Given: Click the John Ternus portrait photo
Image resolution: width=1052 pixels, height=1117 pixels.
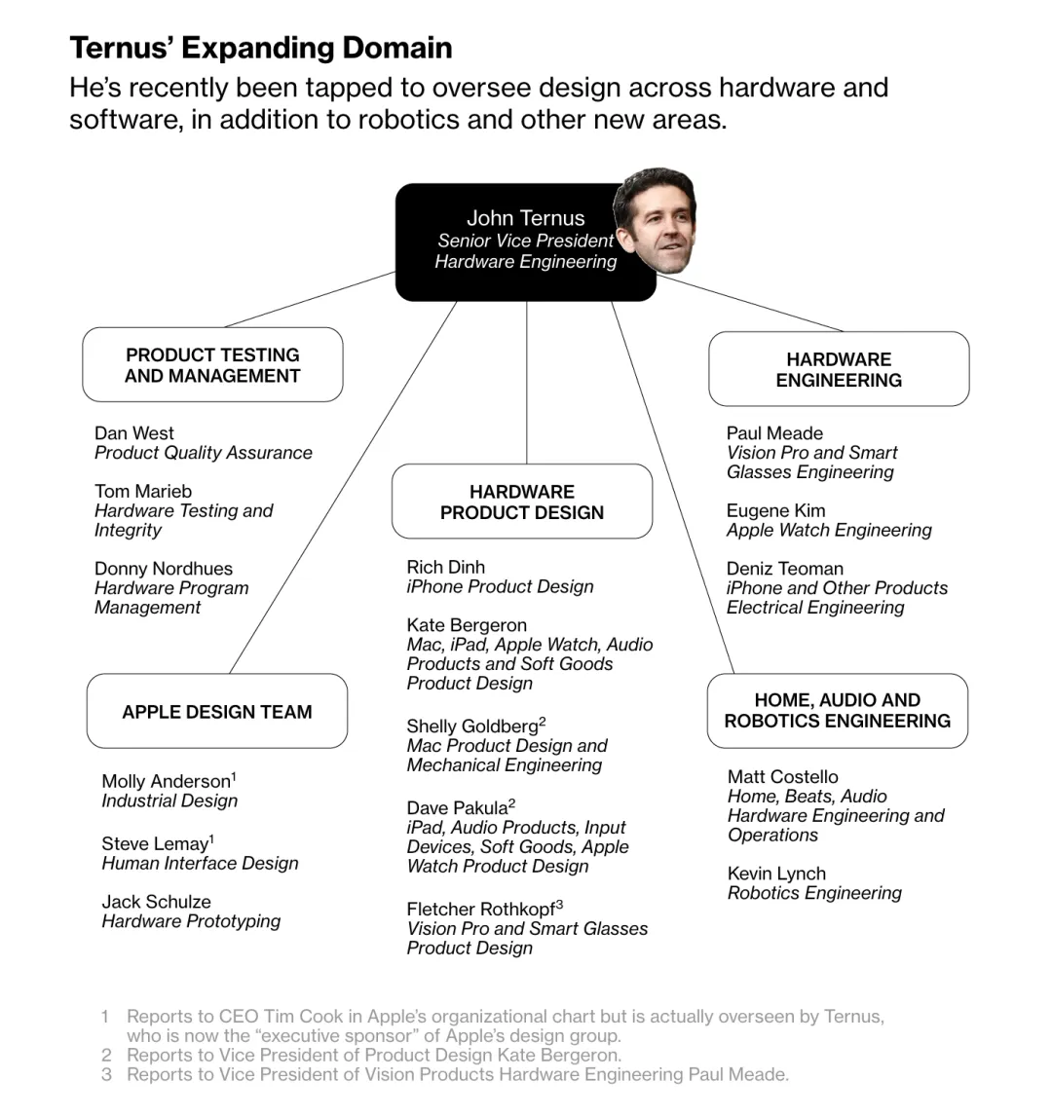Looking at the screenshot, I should (x=657, y=222).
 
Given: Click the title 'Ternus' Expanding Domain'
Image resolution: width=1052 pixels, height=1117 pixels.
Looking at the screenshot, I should (x=260, y=48).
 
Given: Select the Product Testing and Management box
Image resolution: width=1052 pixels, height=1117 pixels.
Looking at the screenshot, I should (x=212, y=365).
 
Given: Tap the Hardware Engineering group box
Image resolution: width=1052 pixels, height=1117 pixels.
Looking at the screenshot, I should (x=839, y=369).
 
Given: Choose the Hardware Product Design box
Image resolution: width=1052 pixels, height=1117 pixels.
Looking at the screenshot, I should (x=522, y=502).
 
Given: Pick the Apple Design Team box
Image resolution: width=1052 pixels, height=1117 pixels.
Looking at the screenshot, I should (x=217, y=712).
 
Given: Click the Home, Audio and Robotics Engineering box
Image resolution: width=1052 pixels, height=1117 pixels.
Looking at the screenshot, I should (x=838, y=711).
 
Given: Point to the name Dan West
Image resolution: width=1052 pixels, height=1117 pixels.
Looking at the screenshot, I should (x=134, y=433).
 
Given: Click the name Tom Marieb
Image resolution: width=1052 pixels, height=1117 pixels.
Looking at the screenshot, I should (x=143, y=492).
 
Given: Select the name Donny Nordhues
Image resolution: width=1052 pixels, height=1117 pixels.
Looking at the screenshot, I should (x=164, y=569).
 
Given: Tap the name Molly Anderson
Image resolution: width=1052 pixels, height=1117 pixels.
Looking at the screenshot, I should (x=166, y=782).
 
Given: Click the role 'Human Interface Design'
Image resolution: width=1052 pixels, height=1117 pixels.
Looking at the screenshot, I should (x=200, y=863).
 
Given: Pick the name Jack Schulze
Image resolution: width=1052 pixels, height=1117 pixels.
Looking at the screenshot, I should (x=156, y=902).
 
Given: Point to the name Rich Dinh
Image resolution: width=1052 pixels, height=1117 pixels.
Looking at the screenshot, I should (x=445, y=567).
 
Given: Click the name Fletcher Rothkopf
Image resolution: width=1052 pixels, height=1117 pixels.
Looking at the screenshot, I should (x=481, y=910).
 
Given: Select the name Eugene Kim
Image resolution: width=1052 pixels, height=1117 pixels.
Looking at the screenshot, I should (x=775, y=511).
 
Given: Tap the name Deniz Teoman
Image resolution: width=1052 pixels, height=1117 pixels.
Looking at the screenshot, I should (x=784, y=569).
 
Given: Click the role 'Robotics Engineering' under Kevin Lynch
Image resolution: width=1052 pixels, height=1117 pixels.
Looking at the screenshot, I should (x=814, y=893).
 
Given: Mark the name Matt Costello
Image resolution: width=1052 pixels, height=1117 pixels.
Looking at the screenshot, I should (x=782, y=777).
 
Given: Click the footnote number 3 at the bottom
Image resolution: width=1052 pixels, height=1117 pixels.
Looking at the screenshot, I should (x=106, y=1074).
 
